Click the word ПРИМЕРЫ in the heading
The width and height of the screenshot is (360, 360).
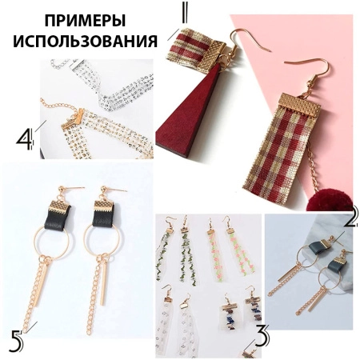pyautogui.click(x=85, y=21)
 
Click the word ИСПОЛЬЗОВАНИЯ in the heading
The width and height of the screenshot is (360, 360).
pyautogui.click(x=86, y=41)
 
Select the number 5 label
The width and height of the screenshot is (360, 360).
pyautogui.click(x=16, y=341)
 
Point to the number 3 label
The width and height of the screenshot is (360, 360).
pyautogui.click(x=262, y=335)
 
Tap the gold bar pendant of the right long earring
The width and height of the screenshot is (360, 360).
pyautogui.click(x=102, y=284)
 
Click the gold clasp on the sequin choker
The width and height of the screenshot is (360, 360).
pyautogui.click(x=73, y=119)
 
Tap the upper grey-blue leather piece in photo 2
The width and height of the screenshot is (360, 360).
pyautogui.click(x=318, y=247)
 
